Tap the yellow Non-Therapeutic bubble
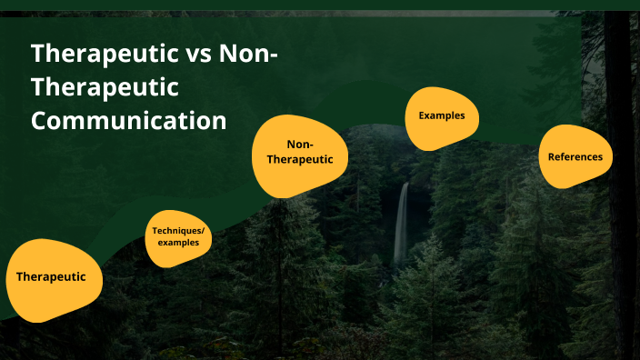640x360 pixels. (x=298, y=155)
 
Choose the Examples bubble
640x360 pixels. (x=442, y=117)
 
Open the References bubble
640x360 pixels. (x=575, y=156)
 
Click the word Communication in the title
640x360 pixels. (x=129, y=120)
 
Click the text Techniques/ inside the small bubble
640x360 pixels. (x=179, y=231)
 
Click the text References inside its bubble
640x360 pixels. (x=575, y=156)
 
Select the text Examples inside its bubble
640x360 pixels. (x=442, y=116)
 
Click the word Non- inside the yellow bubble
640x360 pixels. (x=299, y=145)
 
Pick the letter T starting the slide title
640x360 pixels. (x=39, y=53)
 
